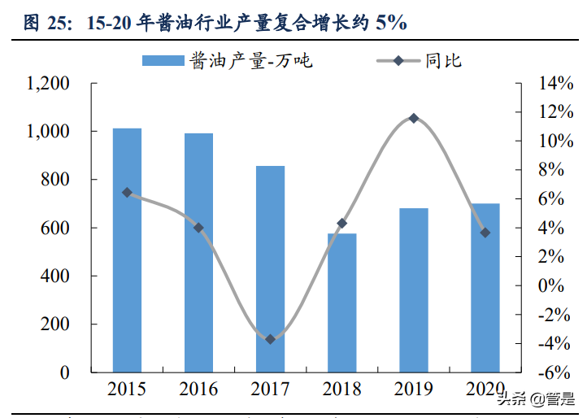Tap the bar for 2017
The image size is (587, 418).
click(270, 268)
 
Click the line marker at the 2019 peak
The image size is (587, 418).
click(414, 119)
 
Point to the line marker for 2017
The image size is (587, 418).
click(270, 339)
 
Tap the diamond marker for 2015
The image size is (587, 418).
click(127, 193)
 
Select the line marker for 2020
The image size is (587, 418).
click(485, 233)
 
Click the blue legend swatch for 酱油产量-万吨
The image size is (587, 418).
click(163, 60)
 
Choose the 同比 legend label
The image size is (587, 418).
click(443, 60)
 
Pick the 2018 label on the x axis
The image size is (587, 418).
click(341, 389)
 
